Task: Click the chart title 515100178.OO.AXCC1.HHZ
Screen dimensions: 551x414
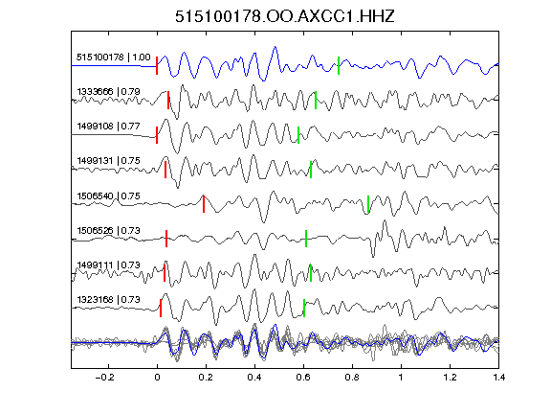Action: tap(285, 16)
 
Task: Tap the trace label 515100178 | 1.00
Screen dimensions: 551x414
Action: tap(114, 57)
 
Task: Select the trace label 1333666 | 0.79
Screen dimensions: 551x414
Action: tap(109, 92)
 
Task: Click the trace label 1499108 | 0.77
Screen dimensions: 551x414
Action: tap(109, 126)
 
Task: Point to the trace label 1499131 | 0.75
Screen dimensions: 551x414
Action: tap(109, 161)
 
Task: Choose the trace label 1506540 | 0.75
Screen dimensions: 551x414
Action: tap(109, 195)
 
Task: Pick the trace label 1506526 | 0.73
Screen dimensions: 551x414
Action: tap(109, 230)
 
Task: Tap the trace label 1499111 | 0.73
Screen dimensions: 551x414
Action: tap(109, 264)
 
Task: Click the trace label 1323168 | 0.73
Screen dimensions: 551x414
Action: tap(109, 299)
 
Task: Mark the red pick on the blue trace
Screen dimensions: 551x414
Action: tap(157, 65)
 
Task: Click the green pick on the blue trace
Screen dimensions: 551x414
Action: tap(339, 65)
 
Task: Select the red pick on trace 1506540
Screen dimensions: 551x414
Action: tap(204, 204)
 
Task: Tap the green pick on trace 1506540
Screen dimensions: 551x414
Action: tap(368, 204)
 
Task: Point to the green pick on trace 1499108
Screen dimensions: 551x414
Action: tap(298, 135)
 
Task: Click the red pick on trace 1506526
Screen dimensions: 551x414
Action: tap(166, 239)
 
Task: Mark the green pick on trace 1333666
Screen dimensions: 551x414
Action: tap(316, 100)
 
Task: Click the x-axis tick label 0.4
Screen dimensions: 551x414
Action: tap(254, 378)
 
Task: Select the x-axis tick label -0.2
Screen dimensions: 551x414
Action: tap(104, 378)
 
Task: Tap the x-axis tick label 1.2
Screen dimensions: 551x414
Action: tap(450, 378)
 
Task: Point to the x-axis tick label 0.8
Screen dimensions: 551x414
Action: tap(352, 378)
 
